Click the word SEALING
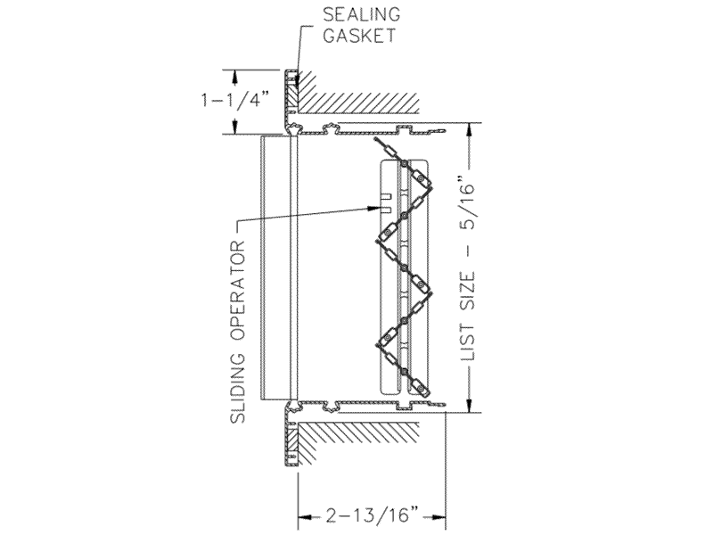click(x=362, y=14)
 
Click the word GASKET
click(x=360, y=36)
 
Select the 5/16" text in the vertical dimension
click(x=468, y=202)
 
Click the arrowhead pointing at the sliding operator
click(x=373, y=208)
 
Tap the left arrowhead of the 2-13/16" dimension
click(x=304, y=517)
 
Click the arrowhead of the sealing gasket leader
click(x=297, y=83)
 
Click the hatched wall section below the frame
click(x=358, y=442)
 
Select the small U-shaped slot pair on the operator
click(x=386, y=203)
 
